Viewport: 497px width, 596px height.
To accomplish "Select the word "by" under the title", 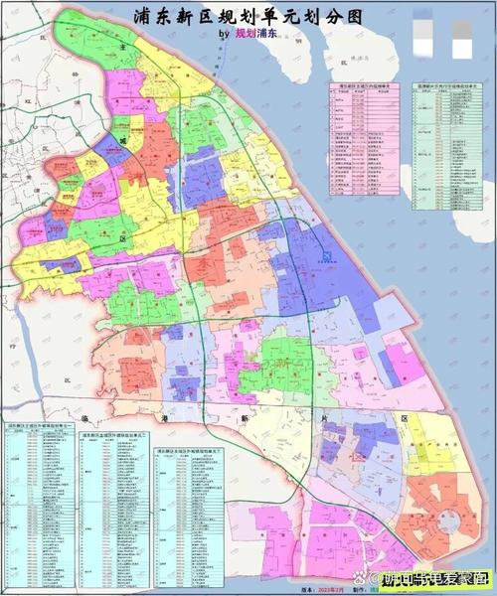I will [x=221, y=34].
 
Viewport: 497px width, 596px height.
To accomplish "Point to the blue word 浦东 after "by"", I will [x=269, y=34].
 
